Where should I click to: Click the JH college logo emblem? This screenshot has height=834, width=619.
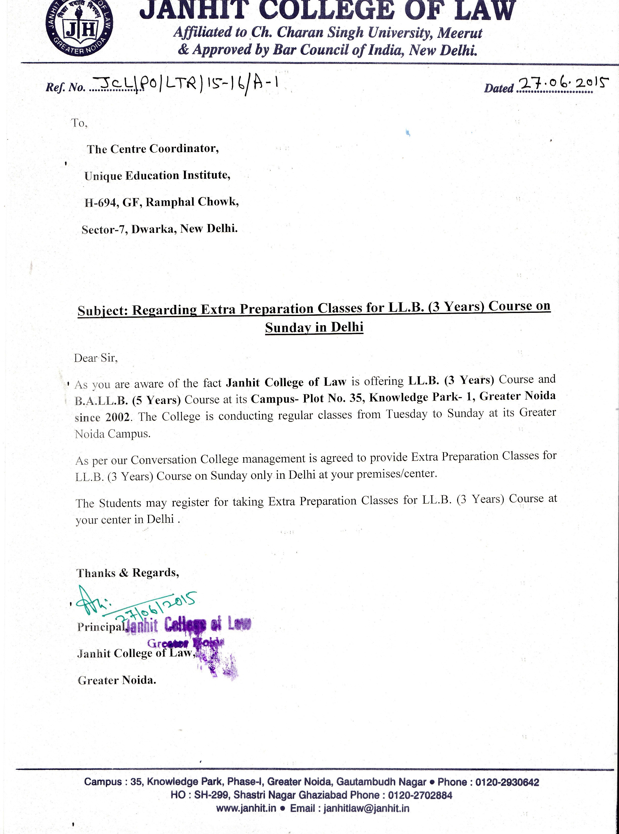point(79,28)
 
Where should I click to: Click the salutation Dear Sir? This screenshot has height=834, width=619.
point(96,358)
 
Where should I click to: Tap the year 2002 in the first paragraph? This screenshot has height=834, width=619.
point(118,416)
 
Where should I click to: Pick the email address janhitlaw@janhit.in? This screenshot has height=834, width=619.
point(366,809)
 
